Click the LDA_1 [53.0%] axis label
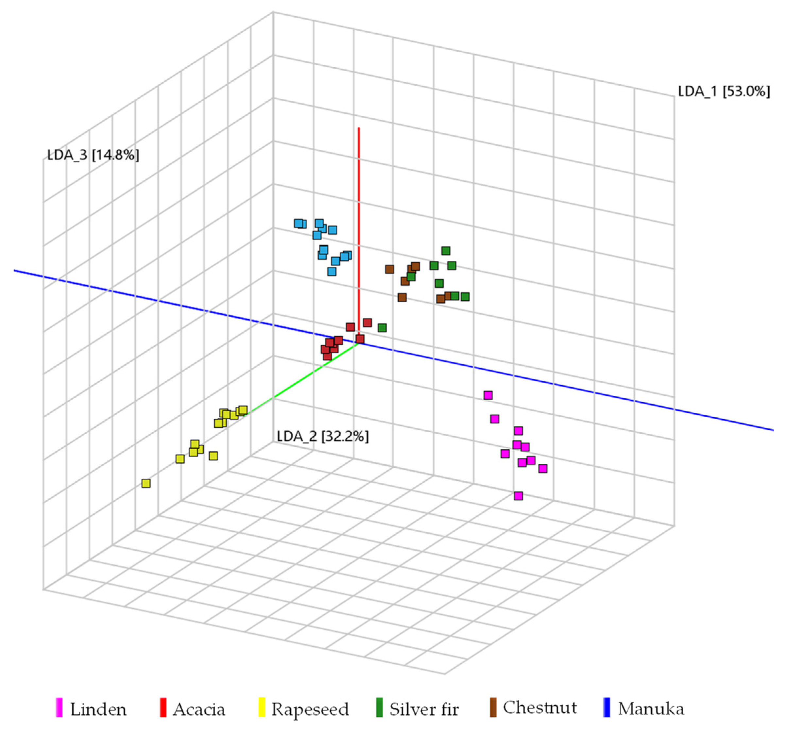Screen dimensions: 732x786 [724, 92]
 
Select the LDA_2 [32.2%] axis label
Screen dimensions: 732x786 [322, 436]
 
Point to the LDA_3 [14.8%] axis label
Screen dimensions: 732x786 [93, 155]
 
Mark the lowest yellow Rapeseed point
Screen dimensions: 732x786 [146, 483]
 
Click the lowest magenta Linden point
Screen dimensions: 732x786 [518, 496]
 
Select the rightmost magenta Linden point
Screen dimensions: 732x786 [543, 468]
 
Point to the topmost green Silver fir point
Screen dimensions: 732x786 [446, 251]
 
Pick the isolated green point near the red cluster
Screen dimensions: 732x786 [382, 328]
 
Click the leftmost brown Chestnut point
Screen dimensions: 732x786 [389, 269]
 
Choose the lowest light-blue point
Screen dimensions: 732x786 [332, 272]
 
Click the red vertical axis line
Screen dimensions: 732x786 [359, 198]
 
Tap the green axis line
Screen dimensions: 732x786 [300, 379]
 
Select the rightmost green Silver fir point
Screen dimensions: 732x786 [465, 296]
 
